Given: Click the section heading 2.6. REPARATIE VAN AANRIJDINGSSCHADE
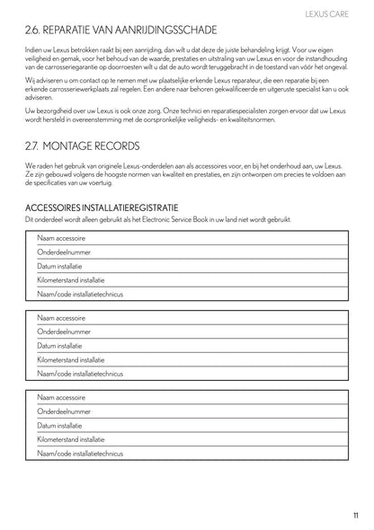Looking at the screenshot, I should pos(133,33).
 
